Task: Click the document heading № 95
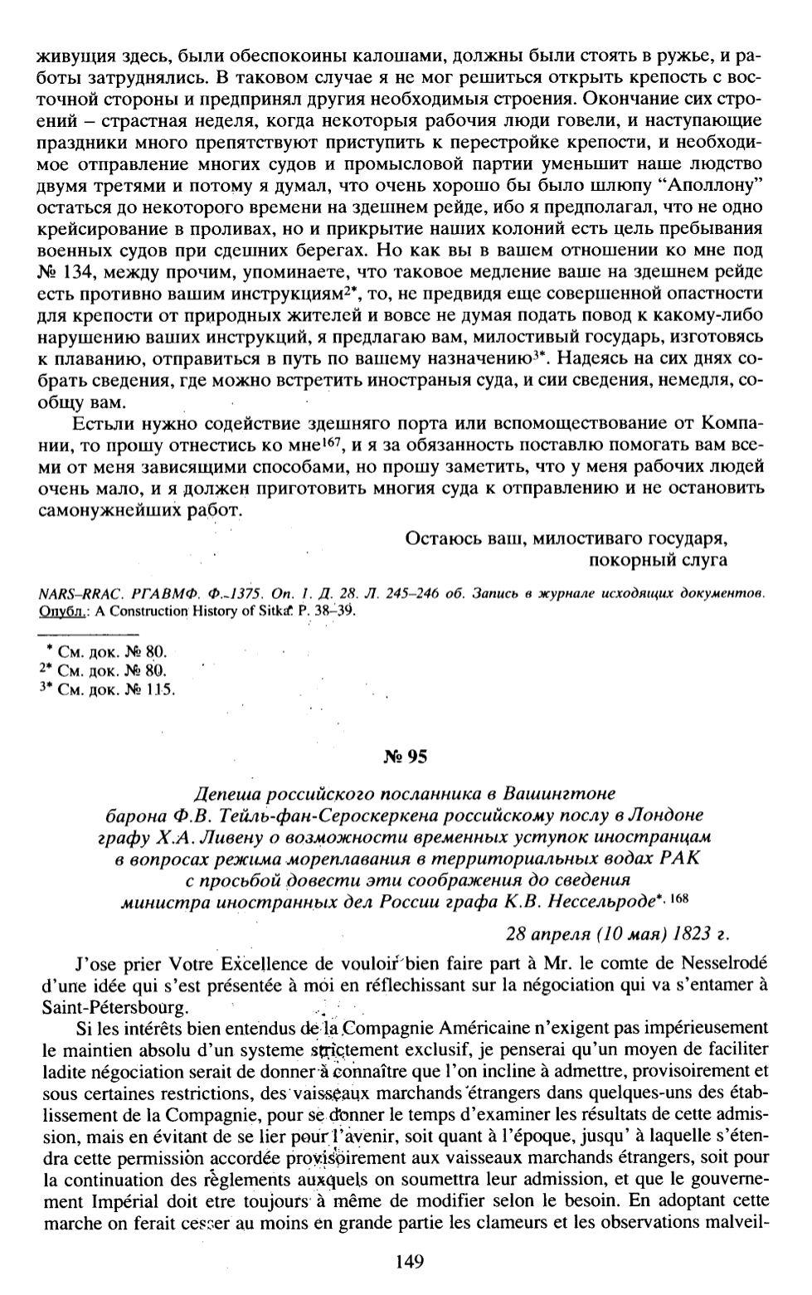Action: coord(406,756)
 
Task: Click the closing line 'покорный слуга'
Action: coord(658,560)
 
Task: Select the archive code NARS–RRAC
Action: coord(77,593)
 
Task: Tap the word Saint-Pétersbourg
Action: coord(114,1007)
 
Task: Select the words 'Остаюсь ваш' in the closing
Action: coord(453,538)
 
